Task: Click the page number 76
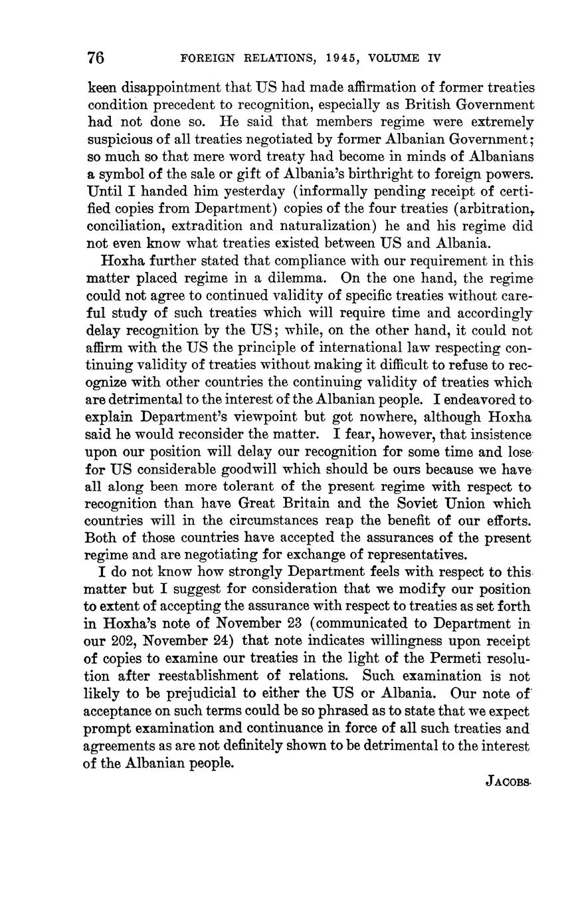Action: (96, 58)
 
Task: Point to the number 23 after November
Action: (293, 624)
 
